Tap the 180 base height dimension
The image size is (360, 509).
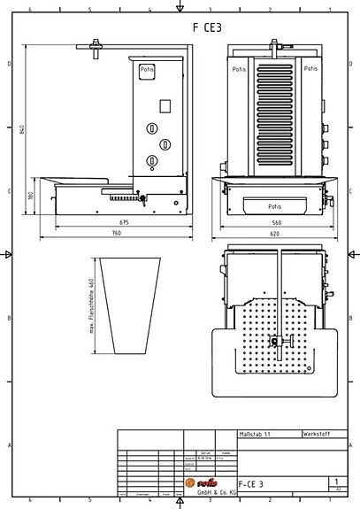pyautogui.click(x=30, y=196)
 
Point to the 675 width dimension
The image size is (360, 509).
pyautogui.click(x=123, y=222)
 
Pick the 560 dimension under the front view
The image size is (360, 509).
pyautogui.click(x=276, y=222)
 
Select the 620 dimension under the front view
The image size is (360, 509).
pyautogui.click(x=276, y=233)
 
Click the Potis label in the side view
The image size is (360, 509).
pyautogui.click(x=147, y=68)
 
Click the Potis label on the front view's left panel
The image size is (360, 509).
pyautogui.click(x=239, y=68)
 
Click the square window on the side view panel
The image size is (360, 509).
pyautogui.click(x=164, y=105)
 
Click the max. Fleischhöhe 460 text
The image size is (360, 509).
pyautogui.click(x=90, y=306)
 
